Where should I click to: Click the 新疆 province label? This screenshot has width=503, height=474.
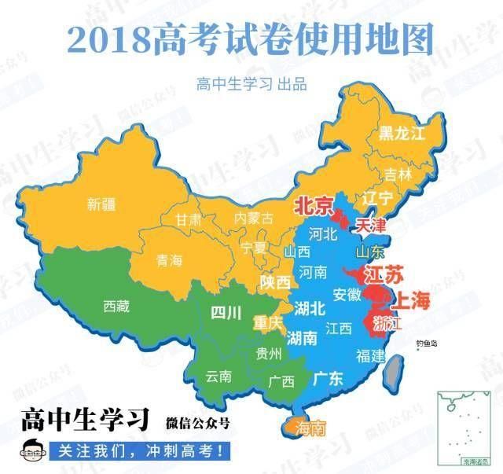[101, 205]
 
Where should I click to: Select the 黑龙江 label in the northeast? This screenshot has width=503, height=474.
[401, 133]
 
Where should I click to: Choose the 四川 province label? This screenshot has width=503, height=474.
[226, 314]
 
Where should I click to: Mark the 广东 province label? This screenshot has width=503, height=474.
[328, 378]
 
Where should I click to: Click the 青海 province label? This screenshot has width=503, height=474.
[169, 260]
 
